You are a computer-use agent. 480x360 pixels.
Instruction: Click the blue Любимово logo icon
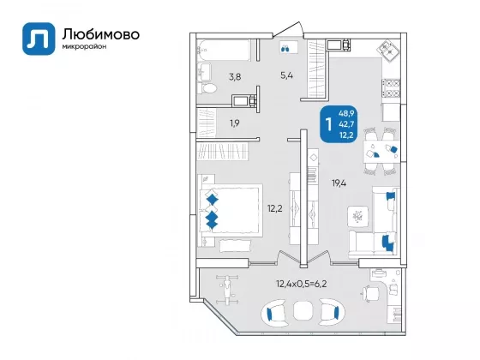pos(39,39)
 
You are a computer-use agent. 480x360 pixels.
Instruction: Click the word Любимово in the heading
pos(101,34)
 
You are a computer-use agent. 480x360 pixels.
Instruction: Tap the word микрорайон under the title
pos(85,47)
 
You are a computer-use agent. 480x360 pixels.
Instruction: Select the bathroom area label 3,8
pos(235,77)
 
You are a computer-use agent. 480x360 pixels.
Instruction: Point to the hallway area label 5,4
pos(287,75)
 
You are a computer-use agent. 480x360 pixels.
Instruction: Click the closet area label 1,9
pos(235,123)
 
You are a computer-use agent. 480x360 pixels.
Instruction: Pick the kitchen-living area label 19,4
pos(339,183)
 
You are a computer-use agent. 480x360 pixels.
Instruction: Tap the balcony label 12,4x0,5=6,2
pos(302,284)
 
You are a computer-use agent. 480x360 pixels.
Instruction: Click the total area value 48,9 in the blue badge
pos(346,113)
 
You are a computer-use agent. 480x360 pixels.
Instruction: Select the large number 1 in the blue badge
pos(329,124)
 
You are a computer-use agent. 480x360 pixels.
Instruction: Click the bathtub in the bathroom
pos(224,51)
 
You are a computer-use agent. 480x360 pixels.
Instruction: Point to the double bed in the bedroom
pos(231,211)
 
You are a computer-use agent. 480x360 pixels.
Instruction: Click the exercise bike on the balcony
pos(227,290)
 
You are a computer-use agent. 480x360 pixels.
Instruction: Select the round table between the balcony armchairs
pos(303,310)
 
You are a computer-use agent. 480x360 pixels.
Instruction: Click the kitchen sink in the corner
pos(389,50)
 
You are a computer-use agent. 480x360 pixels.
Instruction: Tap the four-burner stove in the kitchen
pos(391,88)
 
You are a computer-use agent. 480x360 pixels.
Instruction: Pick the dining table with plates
pos(381,152)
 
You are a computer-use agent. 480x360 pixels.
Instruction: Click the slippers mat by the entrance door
pos(289,48)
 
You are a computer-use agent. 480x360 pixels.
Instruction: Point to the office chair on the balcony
pos(369,293)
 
